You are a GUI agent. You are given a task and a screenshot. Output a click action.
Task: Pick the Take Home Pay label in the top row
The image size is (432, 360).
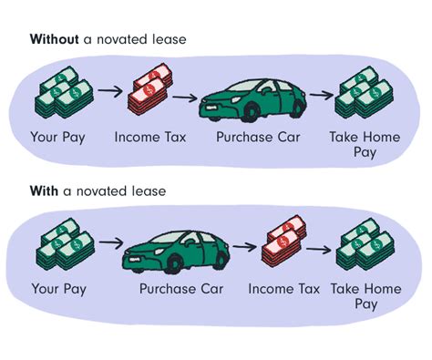click(x=364, y=146)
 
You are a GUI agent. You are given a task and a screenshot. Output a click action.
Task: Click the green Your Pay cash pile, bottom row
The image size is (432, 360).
click(x=59, y=244)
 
